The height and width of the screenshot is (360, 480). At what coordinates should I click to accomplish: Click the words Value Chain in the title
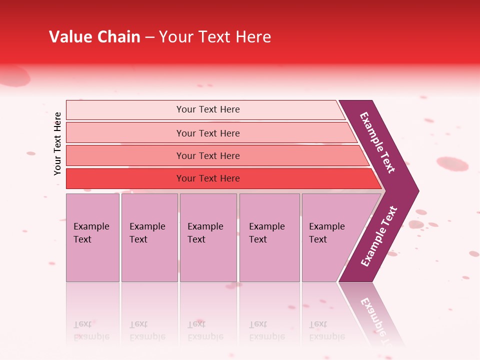[94, 37]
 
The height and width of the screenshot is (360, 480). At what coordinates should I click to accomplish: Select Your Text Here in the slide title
[215, 37]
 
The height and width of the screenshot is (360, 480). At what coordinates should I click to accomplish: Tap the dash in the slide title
[149, 37]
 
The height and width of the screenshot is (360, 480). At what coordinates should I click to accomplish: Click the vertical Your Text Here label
[57, 143]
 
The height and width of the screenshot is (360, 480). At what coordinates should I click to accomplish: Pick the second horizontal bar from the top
[208, 133]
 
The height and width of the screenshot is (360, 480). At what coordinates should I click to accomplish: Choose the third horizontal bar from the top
[208, 155]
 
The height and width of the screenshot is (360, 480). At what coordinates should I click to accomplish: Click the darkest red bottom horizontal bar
[208, 178]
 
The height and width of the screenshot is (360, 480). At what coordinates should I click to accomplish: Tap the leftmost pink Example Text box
[92, 237]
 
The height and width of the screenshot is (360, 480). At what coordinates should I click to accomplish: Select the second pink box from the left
[149, 237]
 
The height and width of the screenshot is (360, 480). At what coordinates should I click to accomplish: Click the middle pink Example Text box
[208, 237]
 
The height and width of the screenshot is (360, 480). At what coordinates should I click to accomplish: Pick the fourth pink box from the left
[269, 237]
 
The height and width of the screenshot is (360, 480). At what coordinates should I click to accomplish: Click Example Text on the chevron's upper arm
[377, 142]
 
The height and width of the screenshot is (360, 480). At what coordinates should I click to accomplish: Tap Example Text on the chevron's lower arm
[379, 236]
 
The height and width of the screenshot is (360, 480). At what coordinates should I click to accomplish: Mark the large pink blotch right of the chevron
[452, 163]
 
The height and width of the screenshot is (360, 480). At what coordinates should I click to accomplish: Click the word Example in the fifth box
[326, 226]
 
